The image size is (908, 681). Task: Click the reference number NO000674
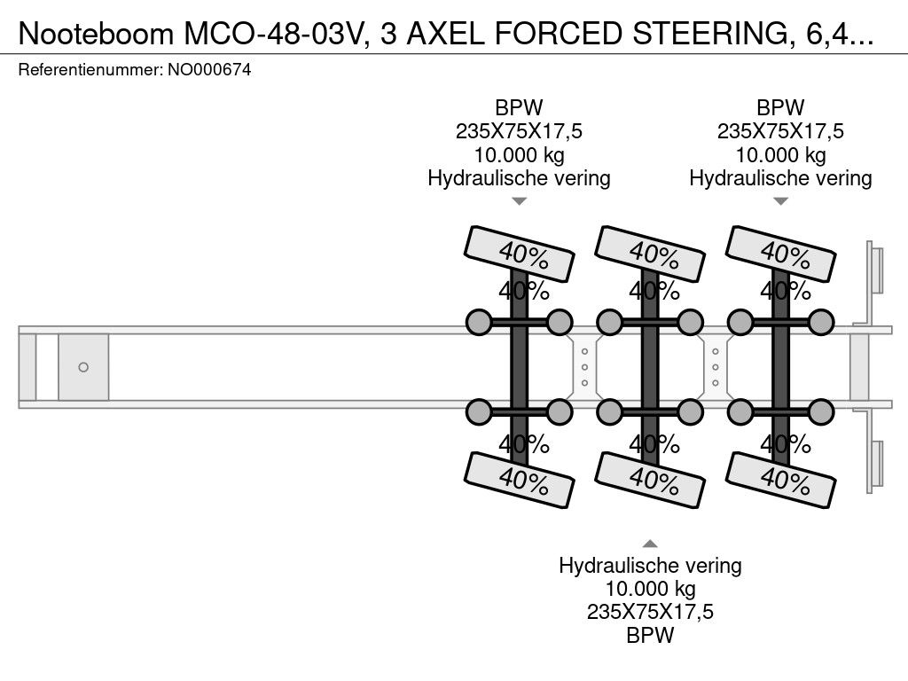click(209, 70)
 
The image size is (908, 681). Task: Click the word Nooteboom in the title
click(96, 35)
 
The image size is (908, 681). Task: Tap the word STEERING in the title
click(709, 35)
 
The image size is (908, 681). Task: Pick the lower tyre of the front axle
click(520, 480)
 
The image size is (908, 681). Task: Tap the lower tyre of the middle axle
click(650, 480)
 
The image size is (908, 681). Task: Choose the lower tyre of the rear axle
click(780, 480)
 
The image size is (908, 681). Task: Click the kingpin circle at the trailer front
click(83, 367)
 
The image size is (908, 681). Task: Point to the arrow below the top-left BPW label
click(520, 201)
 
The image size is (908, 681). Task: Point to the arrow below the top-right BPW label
click(780, 201)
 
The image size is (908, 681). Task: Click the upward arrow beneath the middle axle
click(650, 544)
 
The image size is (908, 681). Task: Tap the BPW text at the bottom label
click(650, 636)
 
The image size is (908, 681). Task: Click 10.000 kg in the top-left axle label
click(520, 155)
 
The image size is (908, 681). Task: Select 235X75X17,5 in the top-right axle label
click(780, 132)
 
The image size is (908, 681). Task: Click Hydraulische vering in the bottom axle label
click(650, 566)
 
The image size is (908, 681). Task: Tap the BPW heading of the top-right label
click(780, 108)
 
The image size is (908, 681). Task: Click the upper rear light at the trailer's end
click(876, 270)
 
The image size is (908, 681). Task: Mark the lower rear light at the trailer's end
click(876, 464)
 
